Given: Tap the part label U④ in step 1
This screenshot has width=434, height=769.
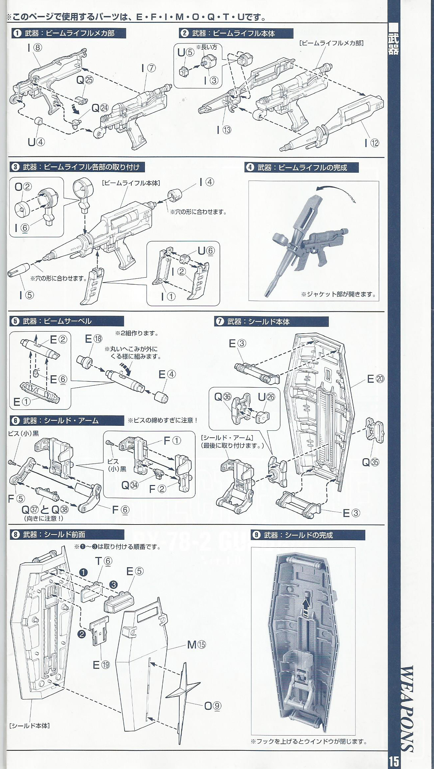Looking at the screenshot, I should click(36, 142).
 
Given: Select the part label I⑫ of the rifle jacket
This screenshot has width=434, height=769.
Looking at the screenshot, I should click(371, 143).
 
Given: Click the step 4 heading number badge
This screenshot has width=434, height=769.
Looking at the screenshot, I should click(250, 167).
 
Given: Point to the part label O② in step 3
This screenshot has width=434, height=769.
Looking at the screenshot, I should click(23, 187).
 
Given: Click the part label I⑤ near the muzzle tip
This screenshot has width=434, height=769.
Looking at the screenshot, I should click(26, 295).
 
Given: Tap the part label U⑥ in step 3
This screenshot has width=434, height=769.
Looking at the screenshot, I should click(206, 251).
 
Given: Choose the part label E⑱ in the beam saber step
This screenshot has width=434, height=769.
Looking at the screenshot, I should click(93, 339).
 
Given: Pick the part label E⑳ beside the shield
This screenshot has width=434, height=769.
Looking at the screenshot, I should click(375, 379).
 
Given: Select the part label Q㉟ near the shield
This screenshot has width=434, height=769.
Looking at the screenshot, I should click(370, 462).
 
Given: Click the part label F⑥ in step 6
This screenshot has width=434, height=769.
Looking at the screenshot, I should click(120, 510).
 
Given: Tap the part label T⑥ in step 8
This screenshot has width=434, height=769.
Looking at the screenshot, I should click(104, 561).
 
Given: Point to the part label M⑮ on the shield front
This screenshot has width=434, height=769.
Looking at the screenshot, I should click(196, 644).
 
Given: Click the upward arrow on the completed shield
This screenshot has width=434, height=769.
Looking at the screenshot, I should click(307, 608).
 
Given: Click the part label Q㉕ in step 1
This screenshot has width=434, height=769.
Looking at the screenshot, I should click(85, 80).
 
